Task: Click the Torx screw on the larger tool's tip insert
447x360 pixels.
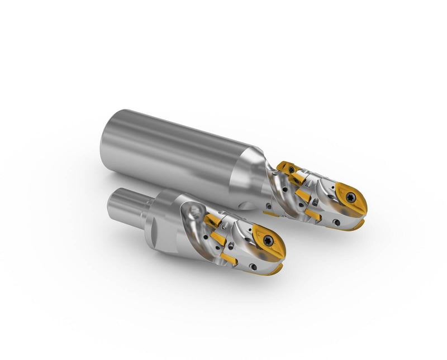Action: point(351,196)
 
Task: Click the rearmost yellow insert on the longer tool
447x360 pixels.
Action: point(287,167)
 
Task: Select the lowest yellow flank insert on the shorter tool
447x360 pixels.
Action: point(230,257)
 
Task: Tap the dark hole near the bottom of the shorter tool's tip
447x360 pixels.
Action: point(254,267)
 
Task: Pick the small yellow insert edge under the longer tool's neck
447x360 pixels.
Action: point(271,213)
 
